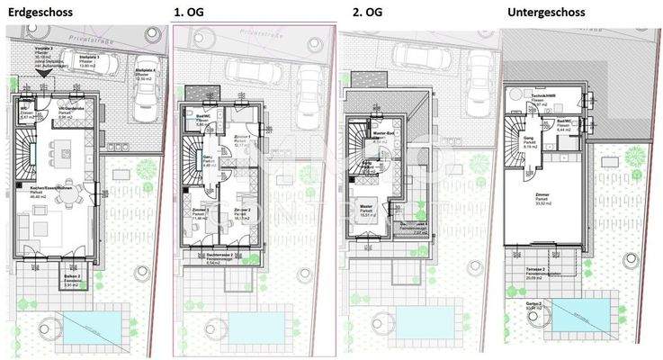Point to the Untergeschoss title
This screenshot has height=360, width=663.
coord(546,12)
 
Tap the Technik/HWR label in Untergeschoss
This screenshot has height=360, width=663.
coord(542,95)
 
